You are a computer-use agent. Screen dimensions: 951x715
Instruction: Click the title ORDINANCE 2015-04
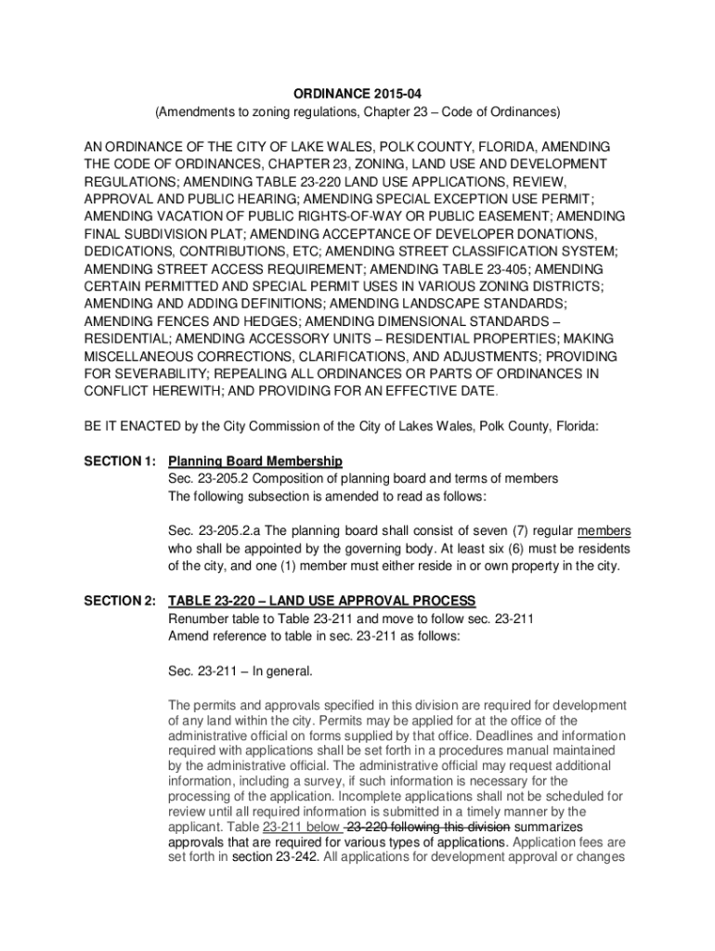(x=357, y=94)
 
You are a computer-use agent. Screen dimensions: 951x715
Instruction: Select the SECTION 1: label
(x=116, y=462)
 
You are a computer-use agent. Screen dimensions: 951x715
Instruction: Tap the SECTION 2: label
(x=116, y=601)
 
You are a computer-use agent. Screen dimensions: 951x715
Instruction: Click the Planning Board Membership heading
(x=255, y=462)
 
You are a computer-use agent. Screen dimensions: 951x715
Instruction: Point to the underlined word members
(x=604, y=531)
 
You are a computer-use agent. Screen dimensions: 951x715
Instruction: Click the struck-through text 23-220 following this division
(x=427, y=827)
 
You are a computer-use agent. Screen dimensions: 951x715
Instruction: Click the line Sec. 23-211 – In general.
(x=240, y=671)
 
